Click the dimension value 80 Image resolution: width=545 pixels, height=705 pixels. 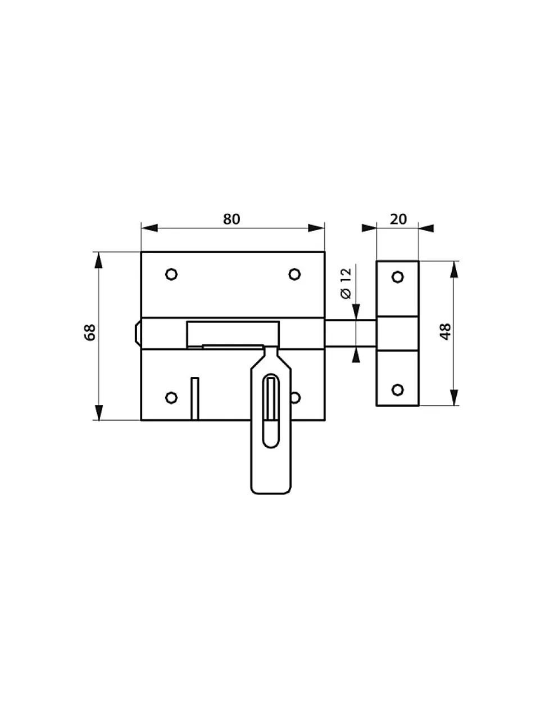[x=231, y=219]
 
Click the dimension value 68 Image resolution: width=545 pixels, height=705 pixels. [x=90, y=332]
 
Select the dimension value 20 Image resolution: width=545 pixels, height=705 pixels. [x=398, y=219]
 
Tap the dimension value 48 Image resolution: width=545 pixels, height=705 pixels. [x=446, y=331]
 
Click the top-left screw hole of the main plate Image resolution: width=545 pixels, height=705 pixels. [x=171, y=274]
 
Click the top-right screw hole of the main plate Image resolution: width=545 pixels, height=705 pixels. [x=294, y=274]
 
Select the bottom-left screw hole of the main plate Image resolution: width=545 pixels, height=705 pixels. [x=171, y=397]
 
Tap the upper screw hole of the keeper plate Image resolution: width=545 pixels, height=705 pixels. [x=398, y=277]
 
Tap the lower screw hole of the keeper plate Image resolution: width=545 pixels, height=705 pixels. [x=398, y=390]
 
